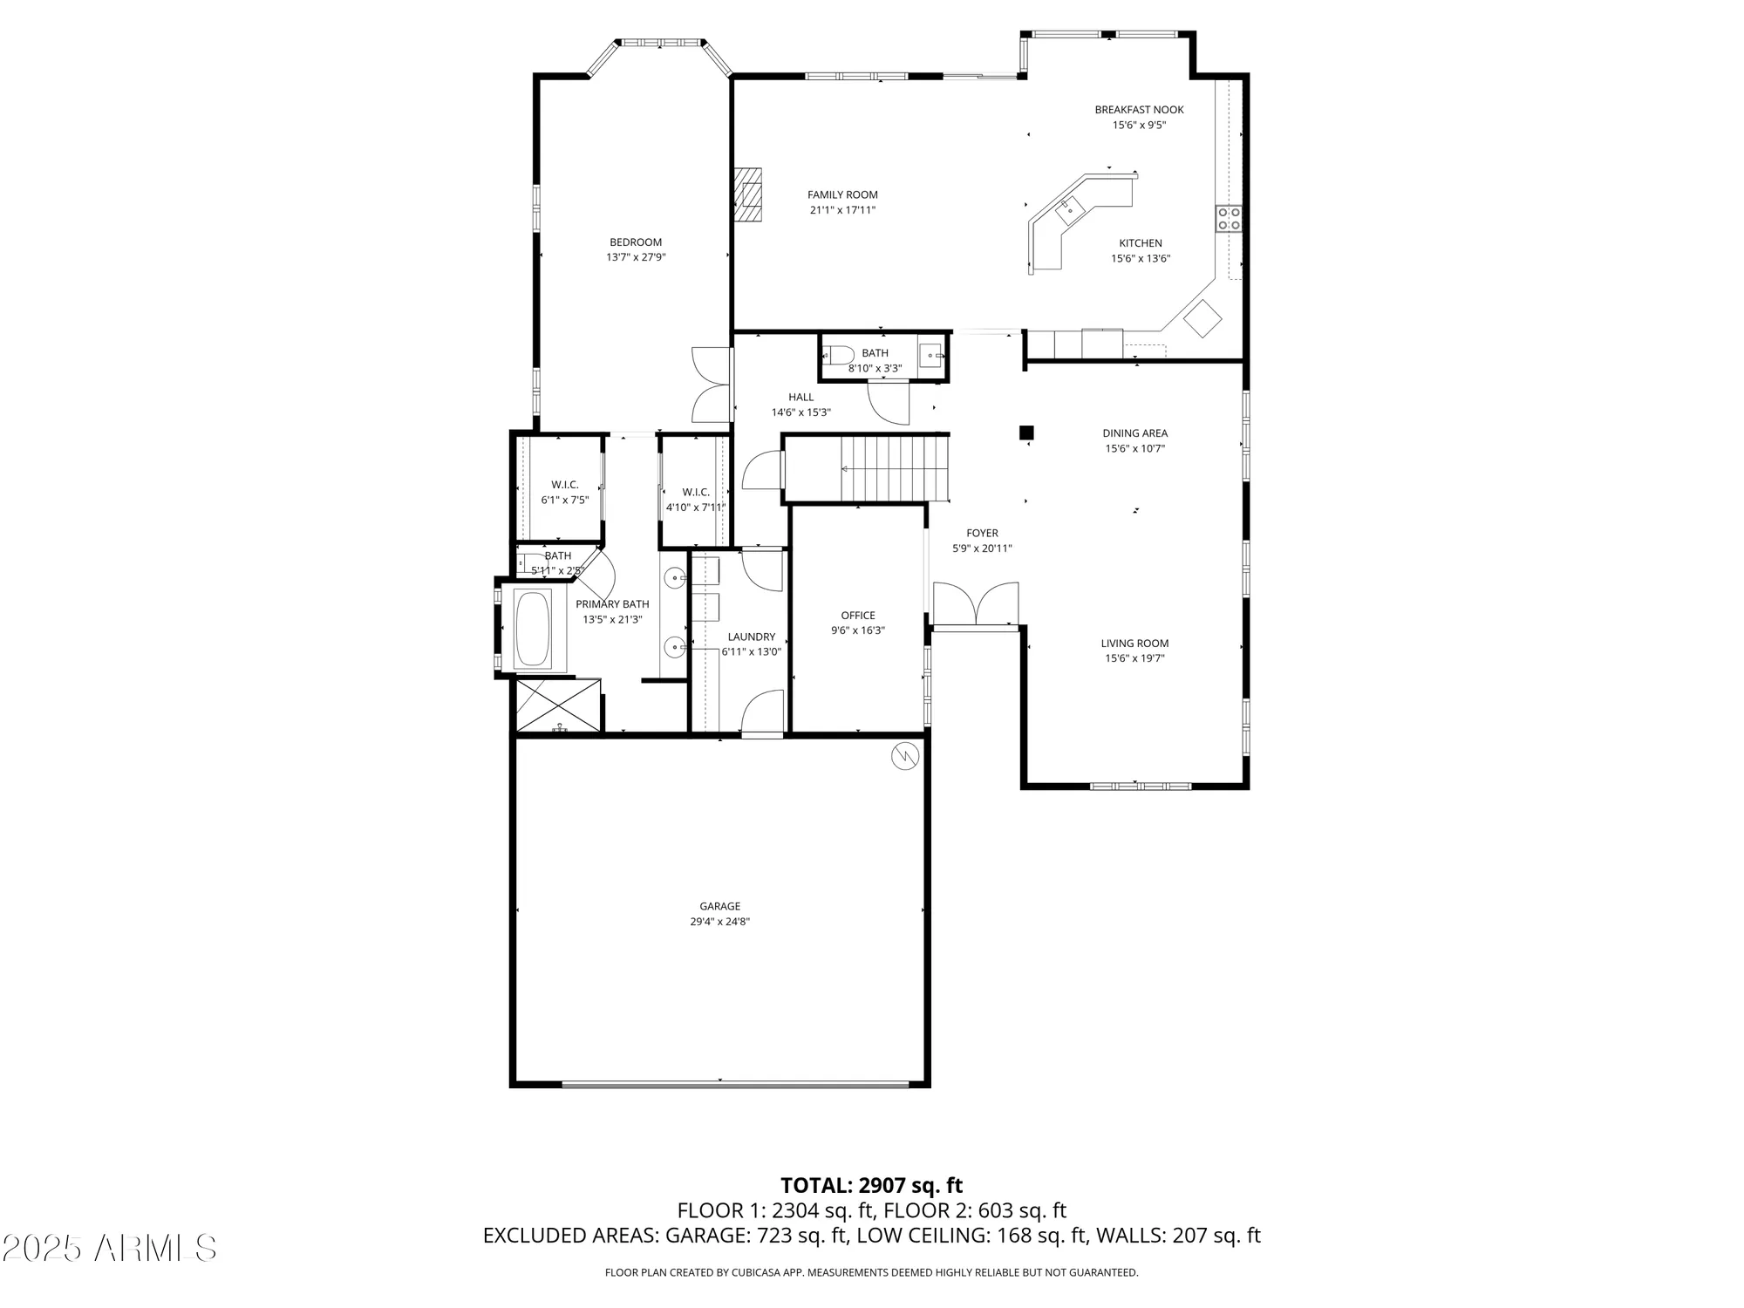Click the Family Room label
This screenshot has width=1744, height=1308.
(x=842, y=194)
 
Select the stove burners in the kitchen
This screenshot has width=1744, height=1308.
(x=1229, y=218)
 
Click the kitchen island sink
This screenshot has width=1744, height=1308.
(x=1069, y=209)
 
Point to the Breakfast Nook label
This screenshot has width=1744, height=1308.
(x=1139, y=110)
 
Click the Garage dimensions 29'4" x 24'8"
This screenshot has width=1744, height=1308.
(x=719, y=922)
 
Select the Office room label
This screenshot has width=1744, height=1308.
(x=858, y=616)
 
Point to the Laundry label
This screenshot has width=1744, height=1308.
(x=751, y=637)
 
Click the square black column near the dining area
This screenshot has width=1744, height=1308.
(x=1027, y=433)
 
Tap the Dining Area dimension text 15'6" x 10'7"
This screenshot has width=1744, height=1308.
(x=1134, y=449)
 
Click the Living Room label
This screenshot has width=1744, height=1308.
(x=1134, y=644)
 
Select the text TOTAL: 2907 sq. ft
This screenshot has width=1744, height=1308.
(x=871, y=1186)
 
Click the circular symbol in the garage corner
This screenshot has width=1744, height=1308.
(x=905, y=755)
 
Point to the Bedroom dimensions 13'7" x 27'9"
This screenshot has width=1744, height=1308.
(x=636, y=257)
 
